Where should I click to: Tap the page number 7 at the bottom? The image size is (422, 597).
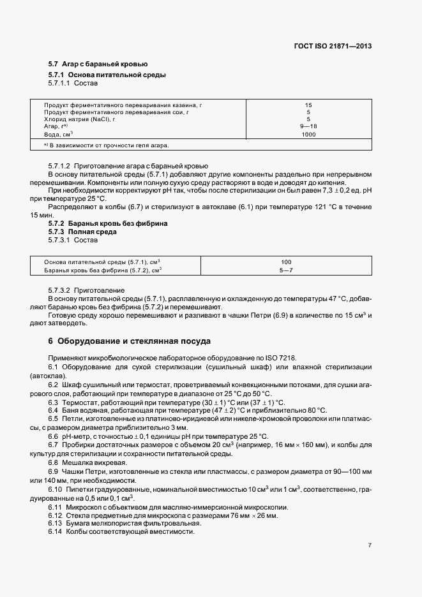pos(370,545)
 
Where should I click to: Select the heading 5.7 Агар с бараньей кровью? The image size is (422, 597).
pos(98,64)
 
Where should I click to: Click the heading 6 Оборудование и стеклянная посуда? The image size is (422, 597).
pos(129,341)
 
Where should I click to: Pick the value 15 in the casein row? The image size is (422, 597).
pos(308,105)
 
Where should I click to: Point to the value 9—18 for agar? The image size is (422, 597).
pos(308,127)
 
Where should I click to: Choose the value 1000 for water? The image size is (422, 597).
pos(308,135)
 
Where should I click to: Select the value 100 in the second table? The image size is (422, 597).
pos(286,262)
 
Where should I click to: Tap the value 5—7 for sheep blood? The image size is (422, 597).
pos(286,270)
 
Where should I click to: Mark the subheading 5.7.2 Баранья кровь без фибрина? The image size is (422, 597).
pos(108,224)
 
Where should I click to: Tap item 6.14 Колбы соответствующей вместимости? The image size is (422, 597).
pos(121,531)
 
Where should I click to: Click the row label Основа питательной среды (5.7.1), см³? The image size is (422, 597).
pos(102,262)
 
